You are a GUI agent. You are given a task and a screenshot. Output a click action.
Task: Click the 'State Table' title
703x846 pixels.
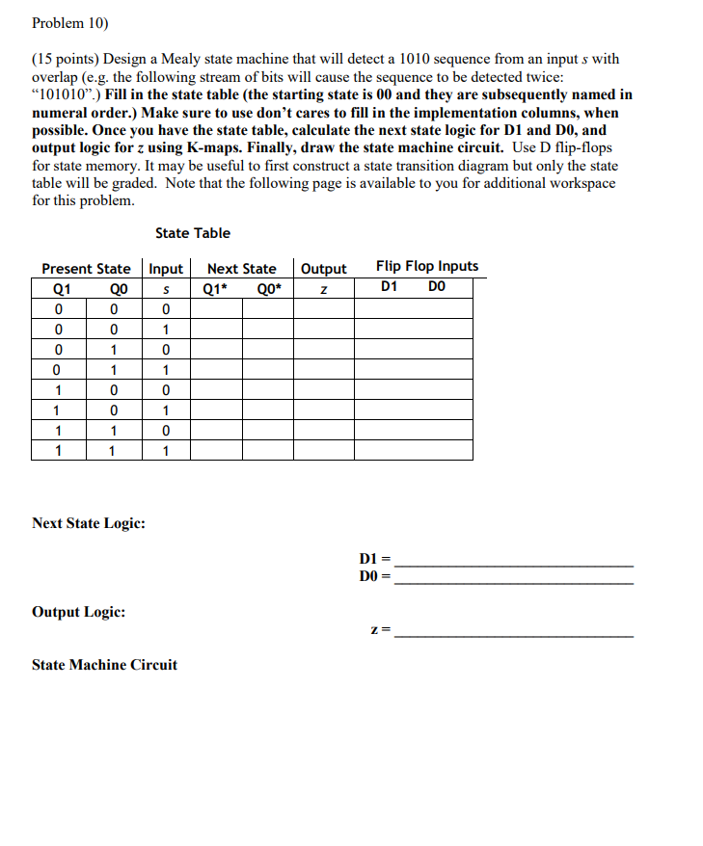click(x=193, y=233)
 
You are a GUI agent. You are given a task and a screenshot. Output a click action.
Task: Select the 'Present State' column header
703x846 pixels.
click(x=86, y=269)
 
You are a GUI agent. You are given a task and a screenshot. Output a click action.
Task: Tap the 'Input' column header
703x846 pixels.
click(x=166, y=269)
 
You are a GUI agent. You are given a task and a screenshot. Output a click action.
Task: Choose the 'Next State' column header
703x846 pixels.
click(x=241, y=269)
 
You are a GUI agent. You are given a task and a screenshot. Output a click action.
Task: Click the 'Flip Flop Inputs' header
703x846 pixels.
click(x=426, y=267)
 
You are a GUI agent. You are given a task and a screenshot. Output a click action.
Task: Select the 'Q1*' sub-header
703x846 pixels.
click(x=214, y=287)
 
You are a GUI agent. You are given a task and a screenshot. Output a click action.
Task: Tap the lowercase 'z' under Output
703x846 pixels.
click(x=324, y=288)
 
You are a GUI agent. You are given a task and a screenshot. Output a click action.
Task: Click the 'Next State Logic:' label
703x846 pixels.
click(x=89, y=523)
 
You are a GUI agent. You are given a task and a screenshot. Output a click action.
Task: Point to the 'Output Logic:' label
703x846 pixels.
click(x=78, y=612)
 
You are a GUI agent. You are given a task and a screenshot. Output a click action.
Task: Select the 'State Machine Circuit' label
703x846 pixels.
click(x=104, y=665)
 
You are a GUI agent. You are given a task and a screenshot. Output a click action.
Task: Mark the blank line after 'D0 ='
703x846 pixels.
click(x=514, y=580)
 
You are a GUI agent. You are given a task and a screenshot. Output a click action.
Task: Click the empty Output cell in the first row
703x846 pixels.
click(x=324, y=308)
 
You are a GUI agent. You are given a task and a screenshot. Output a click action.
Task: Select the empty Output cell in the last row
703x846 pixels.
click(x=324, y=450)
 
